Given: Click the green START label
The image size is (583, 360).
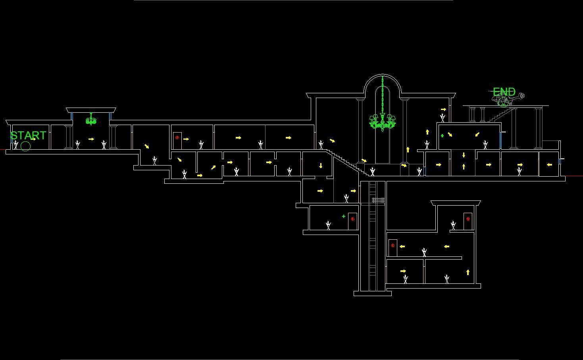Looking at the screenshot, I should (x=28, y=135).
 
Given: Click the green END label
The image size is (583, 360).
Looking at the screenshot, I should (x=504, y=92).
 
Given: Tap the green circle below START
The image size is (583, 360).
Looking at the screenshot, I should (x=25, y=146).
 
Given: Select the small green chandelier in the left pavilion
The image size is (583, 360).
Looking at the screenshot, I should (x=91, y=119).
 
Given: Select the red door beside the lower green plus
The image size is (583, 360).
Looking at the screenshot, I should (x=352, y=221).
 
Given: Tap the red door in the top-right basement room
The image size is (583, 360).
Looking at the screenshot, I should (x=468, y=221).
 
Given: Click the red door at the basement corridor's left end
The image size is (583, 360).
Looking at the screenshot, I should (x=393, y=248).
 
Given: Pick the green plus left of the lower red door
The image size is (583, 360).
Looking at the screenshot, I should (x=343, y=216).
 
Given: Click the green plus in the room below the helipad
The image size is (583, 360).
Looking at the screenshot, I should (x=442, y=136).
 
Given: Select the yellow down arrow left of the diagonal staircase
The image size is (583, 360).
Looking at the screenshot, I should (x=321, y=166).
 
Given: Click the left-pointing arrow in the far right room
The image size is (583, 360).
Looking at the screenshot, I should (x=549, y=165).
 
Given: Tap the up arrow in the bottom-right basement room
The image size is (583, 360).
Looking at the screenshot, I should (x=468, y=272).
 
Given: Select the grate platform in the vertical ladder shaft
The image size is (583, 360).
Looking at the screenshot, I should (x=378, y=201).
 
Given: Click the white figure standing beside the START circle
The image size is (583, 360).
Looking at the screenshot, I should (x=16, y=145).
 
